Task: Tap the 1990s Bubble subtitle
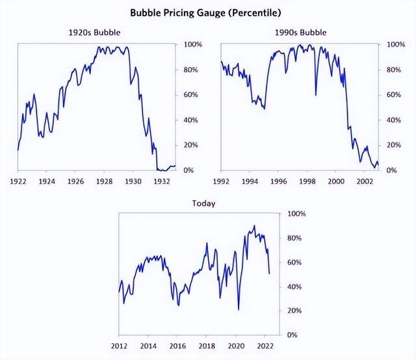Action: [300, 32]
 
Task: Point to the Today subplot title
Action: [203, 203]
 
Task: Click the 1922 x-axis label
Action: [18, 182]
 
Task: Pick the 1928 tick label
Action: [104, 182]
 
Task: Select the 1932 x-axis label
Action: [162, 182]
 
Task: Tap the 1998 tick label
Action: [307, 182]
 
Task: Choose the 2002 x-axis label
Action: [364, 182]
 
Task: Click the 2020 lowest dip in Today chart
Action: [239, 309]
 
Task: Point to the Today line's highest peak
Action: [254, 226]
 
